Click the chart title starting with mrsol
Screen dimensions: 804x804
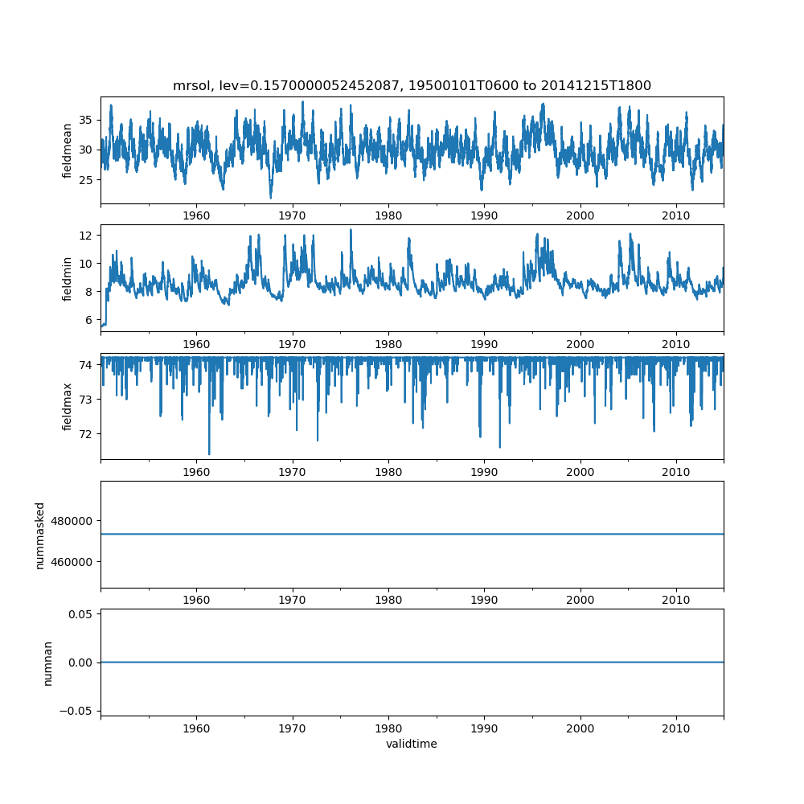(412, 85)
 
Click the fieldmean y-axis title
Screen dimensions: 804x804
(68, 150)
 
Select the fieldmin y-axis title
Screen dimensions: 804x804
(68, 278)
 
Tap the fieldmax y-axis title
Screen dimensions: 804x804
(68, 406)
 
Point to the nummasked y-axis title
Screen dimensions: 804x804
(39, 535)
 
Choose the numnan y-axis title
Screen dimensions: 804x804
(47, 662)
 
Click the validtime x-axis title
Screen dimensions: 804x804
(412, 744)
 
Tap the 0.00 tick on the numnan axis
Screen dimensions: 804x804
(80, 662)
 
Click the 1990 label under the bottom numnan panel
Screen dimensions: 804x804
(484, 730)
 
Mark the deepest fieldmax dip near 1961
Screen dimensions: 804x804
(209, 453)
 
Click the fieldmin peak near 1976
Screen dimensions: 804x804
(351, 230)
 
